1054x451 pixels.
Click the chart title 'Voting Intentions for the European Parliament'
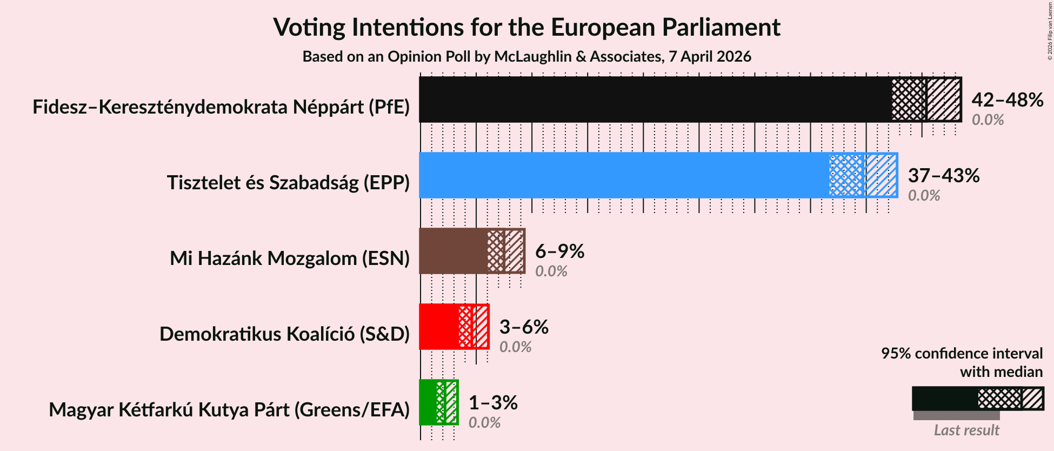pyautogui.click(x=526, y=27)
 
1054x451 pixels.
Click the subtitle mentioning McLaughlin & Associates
pyautogui.click(x=526, y=56)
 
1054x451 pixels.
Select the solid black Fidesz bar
pyautogui.click(x=654, y=100)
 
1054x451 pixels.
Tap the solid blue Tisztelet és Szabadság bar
pyautogui.click(x=622, y=175)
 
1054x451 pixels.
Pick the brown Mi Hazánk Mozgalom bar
pyautogui.click(x=453, y=251)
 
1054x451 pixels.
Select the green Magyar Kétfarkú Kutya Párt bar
pyautogui.click(x=428, y=402)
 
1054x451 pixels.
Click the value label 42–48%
pyautogui.click(x=1007, y=100)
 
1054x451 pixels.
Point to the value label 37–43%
pyautogui.click(x=943, y=176)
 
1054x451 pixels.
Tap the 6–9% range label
pyautogui.click(x=559, y=251)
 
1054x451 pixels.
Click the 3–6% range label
pyautogui.click(x=523, y=327)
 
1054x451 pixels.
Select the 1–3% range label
pyautogui.click(x=492, y=403)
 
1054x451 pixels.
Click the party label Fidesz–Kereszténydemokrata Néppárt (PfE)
pyautogui.click(x=221, y=107)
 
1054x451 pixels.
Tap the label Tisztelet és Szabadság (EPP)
pyautogui.click(x=288, y=183)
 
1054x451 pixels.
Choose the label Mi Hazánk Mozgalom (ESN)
pyautogui.click(x=290, y=258)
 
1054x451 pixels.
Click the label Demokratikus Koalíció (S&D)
pyautogui.click(x=284, y=334)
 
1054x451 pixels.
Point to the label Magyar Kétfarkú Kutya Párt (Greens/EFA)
pyautogui.click(x=229, y=410)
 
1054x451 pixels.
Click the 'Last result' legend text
pyautogui.click(x=966, y=430)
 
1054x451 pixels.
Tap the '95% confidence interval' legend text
pyautogui.click(x=962, y=354)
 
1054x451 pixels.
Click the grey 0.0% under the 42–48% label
pyautogui.click(x=988, y=120)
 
